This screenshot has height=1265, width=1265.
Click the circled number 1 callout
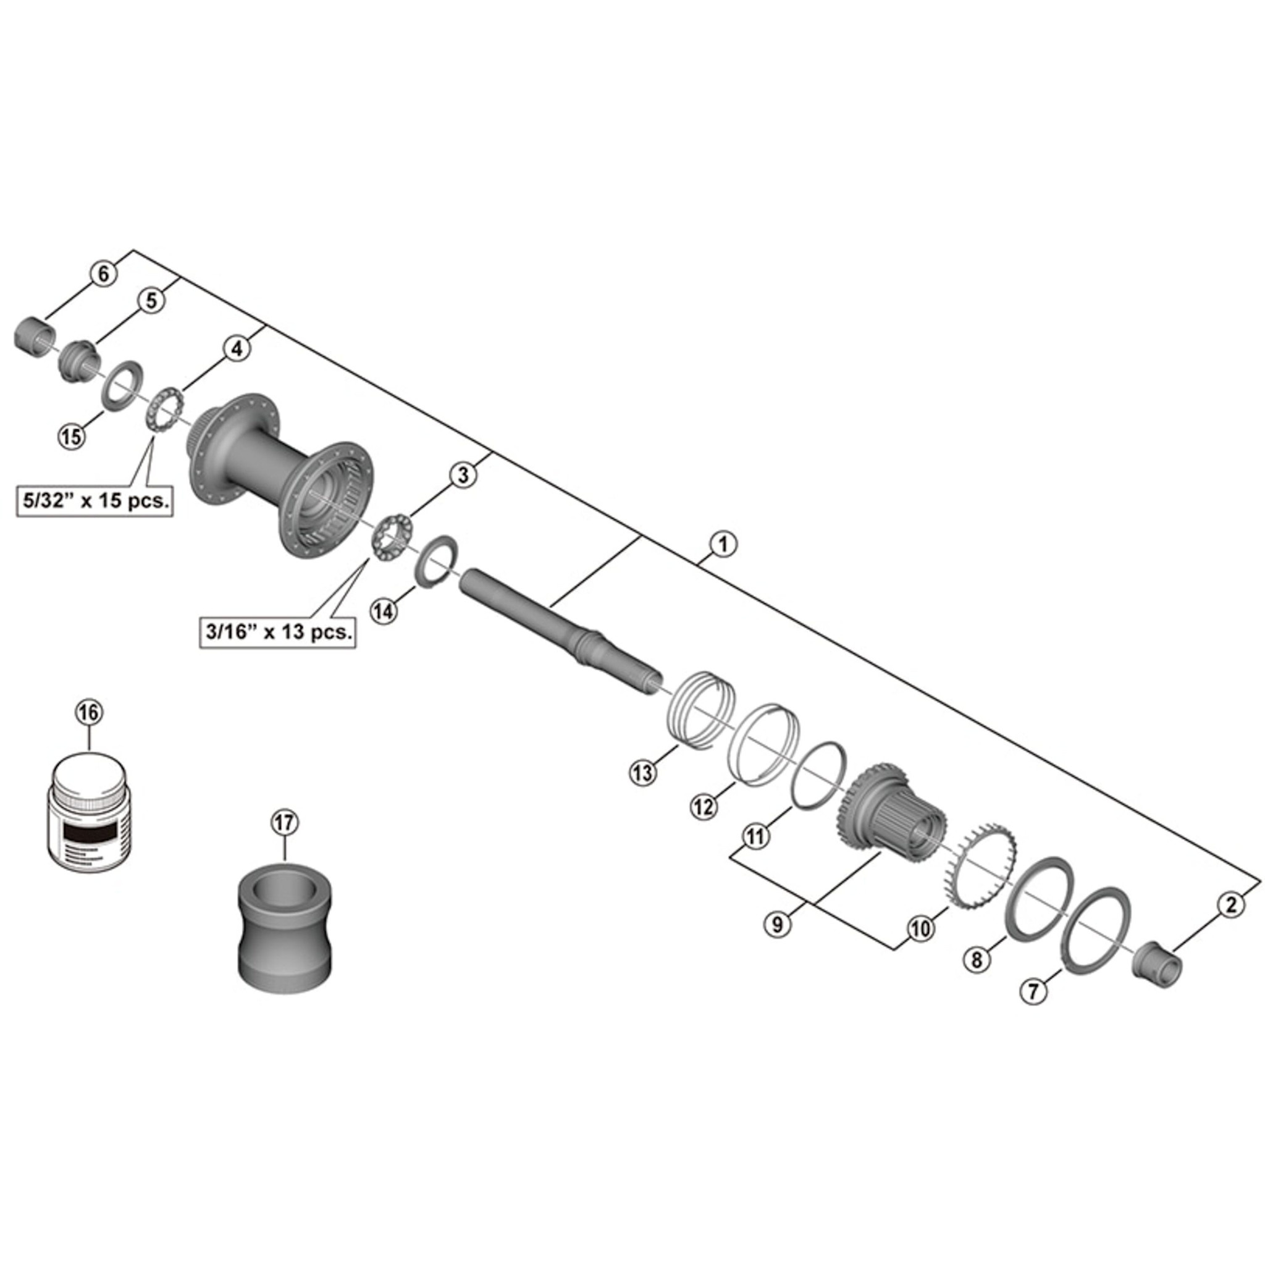(x=723, y=544)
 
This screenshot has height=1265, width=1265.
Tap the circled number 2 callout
(x=1231, y=906)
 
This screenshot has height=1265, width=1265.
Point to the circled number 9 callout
(x=777, y=925)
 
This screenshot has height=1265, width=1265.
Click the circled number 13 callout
(x=642, y=773)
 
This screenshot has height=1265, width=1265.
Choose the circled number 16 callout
(x=90, y=712)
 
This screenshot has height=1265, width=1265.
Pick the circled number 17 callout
(x=285, y=823)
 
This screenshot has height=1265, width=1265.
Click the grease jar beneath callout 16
(x=90, y=814)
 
